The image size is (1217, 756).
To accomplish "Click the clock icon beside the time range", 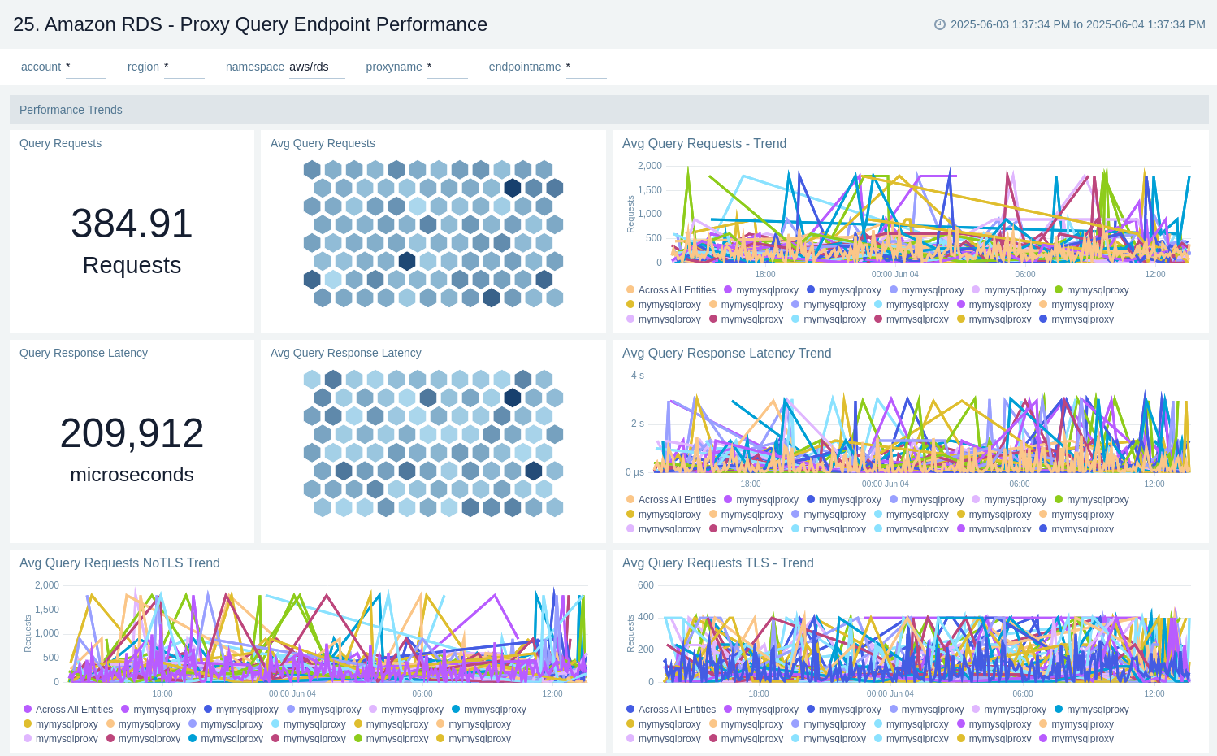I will click(x=940, y=24).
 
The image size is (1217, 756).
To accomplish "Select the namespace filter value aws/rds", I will click(x=310, y=67).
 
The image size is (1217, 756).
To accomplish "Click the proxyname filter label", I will click(x=394, y=67).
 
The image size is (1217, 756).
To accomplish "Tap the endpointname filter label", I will click(x=525, y=67).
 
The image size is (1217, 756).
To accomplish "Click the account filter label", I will click(x=41, y=67).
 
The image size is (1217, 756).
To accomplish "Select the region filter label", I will click(x=143, y=67).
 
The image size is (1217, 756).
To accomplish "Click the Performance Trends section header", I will click(x=71, y=110).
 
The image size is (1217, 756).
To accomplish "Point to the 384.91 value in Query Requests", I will click(x=132, y=224).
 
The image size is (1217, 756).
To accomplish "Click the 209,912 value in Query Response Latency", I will click(x=132, y=433).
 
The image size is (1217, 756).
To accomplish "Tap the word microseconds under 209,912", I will click(x=132, y=475).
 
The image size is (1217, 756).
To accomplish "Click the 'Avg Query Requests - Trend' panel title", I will click(x=704, y=144).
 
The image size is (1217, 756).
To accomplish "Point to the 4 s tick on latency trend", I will click(x=637, y=376).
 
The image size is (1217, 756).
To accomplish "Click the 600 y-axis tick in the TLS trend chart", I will click(x=646, y=585).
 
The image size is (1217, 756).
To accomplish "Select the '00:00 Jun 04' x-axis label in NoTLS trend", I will click(x=292, y=693).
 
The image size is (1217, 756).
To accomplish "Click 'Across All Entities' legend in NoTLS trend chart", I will click(x=74, y=710).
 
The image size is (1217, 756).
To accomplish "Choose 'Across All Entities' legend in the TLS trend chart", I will click(x=677, y=710).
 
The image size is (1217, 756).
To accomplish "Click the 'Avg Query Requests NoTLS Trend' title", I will click(x=119, y=563).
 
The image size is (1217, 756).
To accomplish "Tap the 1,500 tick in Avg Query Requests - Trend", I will click(x=650, y=190).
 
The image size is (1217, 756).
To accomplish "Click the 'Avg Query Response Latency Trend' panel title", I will click(x=726, y=354).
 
